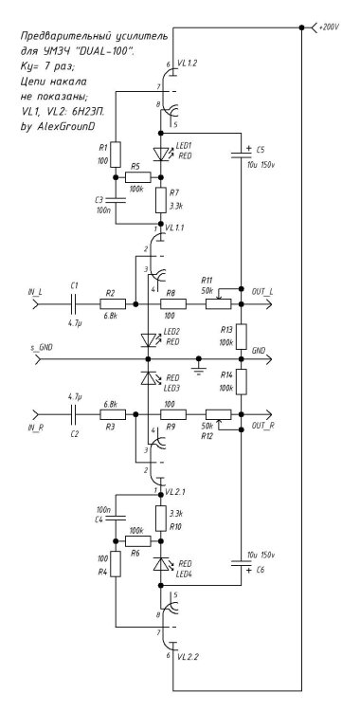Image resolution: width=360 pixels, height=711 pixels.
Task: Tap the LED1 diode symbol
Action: (x=158, y=153)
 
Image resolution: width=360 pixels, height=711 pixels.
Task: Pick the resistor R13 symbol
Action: (x=243, y=336)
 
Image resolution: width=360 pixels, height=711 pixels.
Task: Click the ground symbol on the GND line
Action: (x=199, y=362)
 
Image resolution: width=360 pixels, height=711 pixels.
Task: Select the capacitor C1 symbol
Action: (x=75, y=304)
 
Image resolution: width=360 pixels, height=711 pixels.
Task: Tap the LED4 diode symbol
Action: (x=158, y=565)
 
